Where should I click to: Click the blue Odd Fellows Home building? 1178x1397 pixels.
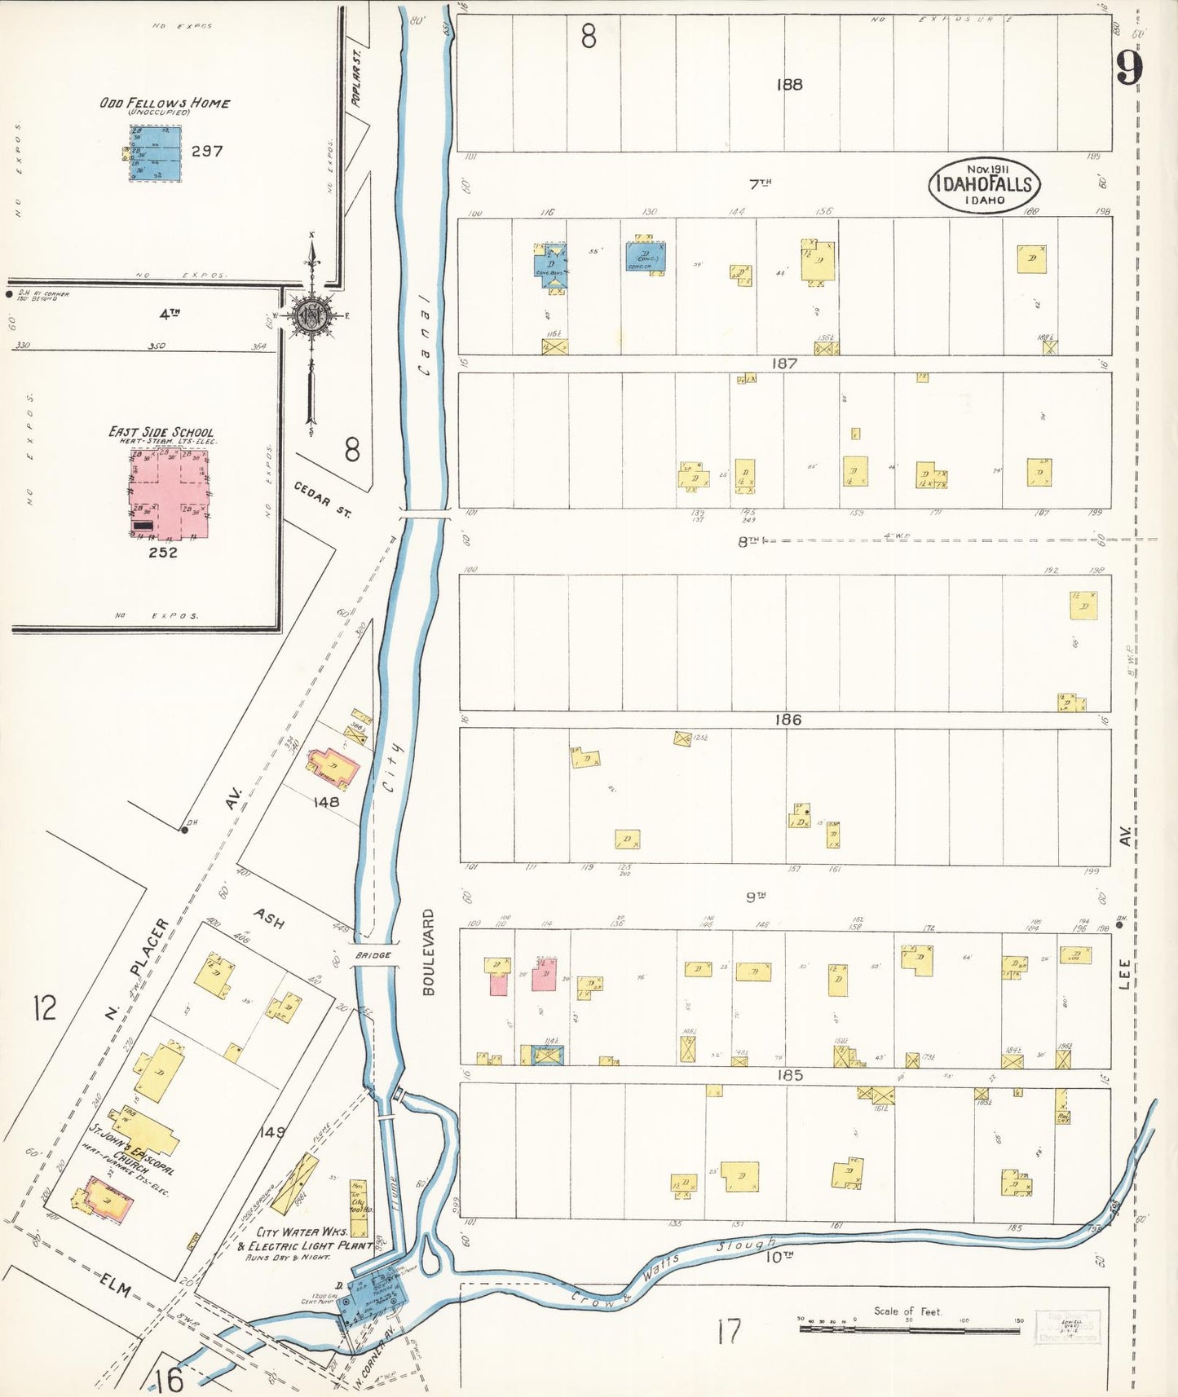155,153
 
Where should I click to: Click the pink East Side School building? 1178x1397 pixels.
169,493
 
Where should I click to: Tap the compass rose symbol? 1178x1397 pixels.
311,315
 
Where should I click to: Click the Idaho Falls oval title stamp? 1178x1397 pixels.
984,185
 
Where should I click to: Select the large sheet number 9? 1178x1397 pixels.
1129,68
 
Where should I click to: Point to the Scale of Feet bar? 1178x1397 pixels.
909,1329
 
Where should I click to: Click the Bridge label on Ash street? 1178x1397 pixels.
373,954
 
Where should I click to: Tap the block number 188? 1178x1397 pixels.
789,84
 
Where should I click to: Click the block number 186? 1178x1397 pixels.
788,719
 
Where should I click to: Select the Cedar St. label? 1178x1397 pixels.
323,499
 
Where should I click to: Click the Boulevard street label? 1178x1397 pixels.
428,952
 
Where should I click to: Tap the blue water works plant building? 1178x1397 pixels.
373,1295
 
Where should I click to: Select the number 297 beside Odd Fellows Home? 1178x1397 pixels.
206,151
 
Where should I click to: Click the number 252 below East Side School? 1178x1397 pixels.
163,552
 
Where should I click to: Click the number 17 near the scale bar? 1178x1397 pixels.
729,1332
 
